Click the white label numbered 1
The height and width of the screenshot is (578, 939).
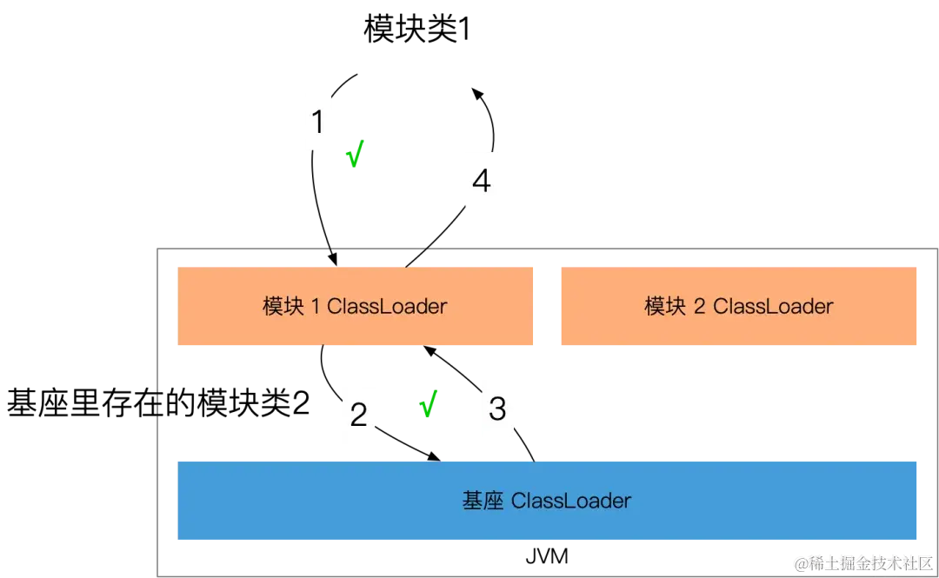pos(317,122)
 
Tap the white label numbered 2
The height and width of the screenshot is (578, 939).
pos(358,415)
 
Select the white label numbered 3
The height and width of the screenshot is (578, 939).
pos(497,408)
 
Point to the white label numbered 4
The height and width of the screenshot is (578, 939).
pos(481,181)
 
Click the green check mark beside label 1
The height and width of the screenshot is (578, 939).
pos(355,155)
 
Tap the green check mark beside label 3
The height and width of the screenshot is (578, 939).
pos(428,405)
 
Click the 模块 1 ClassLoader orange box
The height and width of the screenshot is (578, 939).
pos(354,306)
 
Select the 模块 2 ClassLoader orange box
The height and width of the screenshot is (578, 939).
pos(737,306)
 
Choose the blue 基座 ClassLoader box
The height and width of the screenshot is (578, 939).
pos(546,501)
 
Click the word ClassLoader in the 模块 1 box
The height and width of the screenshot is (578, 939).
pos(387,306)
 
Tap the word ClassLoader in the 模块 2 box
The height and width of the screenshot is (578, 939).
pos(773,306)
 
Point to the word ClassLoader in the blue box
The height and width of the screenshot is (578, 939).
pos(571,501)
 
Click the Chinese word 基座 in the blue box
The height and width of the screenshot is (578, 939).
pos(483,501)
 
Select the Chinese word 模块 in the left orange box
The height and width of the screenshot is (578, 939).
pos(283,306)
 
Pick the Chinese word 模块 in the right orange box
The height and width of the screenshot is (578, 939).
pos(665,306)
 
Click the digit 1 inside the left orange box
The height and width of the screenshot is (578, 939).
pos(316,306)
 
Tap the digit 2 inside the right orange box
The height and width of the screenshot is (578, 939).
pos(700,306)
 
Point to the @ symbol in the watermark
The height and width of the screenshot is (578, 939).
pos(800,562)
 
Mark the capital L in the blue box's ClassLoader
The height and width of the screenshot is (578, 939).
pos(553,501)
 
